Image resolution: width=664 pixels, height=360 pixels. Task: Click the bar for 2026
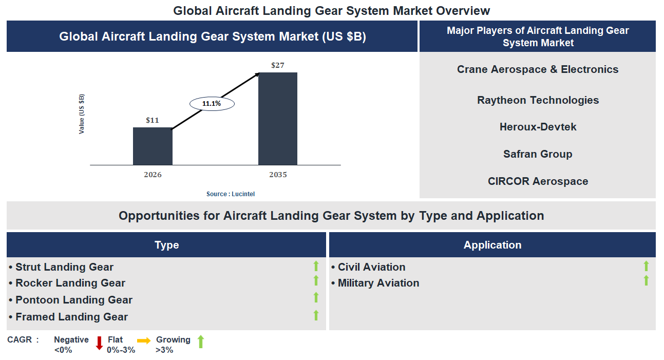153,146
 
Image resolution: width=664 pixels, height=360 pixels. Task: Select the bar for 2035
277,119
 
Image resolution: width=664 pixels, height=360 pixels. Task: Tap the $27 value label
278,65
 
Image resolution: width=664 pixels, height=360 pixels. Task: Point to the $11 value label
153,120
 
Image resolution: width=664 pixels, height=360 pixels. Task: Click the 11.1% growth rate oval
212,104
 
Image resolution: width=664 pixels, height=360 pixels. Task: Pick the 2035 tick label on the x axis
278,175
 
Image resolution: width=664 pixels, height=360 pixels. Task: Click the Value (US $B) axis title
82,114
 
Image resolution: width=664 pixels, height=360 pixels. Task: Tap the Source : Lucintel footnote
231,194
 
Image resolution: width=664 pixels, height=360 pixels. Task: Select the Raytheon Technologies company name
538,100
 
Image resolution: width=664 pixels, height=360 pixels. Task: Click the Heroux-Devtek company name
538,127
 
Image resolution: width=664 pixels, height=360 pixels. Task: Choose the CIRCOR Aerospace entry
538,181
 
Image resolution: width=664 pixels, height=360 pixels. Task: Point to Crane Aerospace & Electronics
538,69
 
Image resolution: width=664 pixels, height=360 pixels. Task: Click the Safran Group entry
538,154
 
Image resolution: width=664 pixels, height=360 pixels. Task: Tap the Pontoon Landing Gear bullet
74,300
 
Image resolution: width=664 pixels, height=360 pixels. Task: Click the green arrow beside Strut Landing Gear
316,266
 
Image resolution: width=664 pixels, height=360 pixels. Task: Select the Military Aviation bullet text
378,283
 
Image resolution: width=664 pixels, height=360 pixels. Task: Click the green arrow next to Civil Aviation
646,266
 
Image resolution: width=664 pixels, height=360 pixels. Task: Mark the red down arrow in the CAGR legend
100,343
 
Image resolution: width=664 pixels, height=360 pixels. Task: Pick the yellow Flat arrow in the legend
143,340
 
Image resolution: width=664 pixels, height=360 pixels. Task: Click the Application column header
492,245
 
